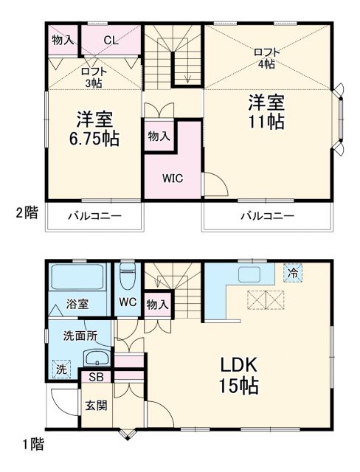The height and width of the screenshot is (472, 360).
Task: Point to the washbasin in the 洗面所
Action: tap(96, 360)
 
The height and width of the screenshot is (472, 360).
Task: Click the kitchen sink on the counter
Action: tap(247, 274)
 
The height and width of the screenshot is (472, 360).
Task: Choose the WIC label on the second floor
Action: tap(173, 178)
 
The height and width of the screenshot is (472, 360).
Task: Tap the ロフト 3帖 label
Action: tap(94, 77)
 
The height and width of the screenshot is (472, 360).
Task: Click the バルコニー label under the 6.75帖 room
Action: tap(94, 216)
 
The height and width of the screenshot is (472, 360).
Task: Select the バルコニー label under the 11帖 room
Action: tap(268, 216)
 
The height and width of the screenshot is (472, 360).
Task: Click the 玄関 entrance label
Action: tap(94, 405)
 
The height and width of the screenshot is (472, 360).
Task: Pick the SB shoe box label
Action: tap(96, 378)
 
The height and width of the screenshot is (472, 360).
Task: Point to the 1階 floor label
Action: tap(32, 444)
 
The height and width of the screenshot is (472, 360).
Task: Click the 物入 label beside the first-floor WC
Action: tap(157, 304)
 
